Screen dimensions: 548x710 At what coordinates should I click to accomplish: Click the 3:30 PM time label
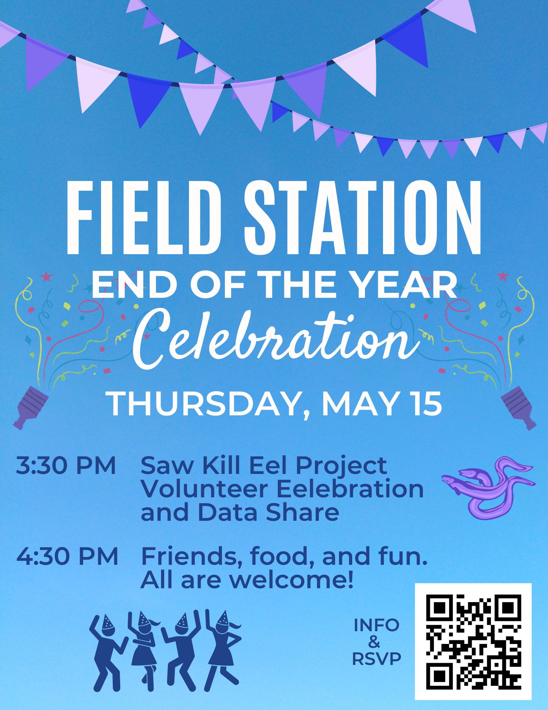coord(66,465)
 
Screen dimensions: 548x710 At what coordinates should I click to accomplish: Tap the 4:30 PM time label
coord(67,556)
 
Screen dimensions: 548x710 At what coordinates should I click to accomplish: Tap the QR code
coord(473,641)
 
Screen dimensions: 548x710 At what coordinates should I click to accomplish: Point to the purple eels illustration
coord(488,487)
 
